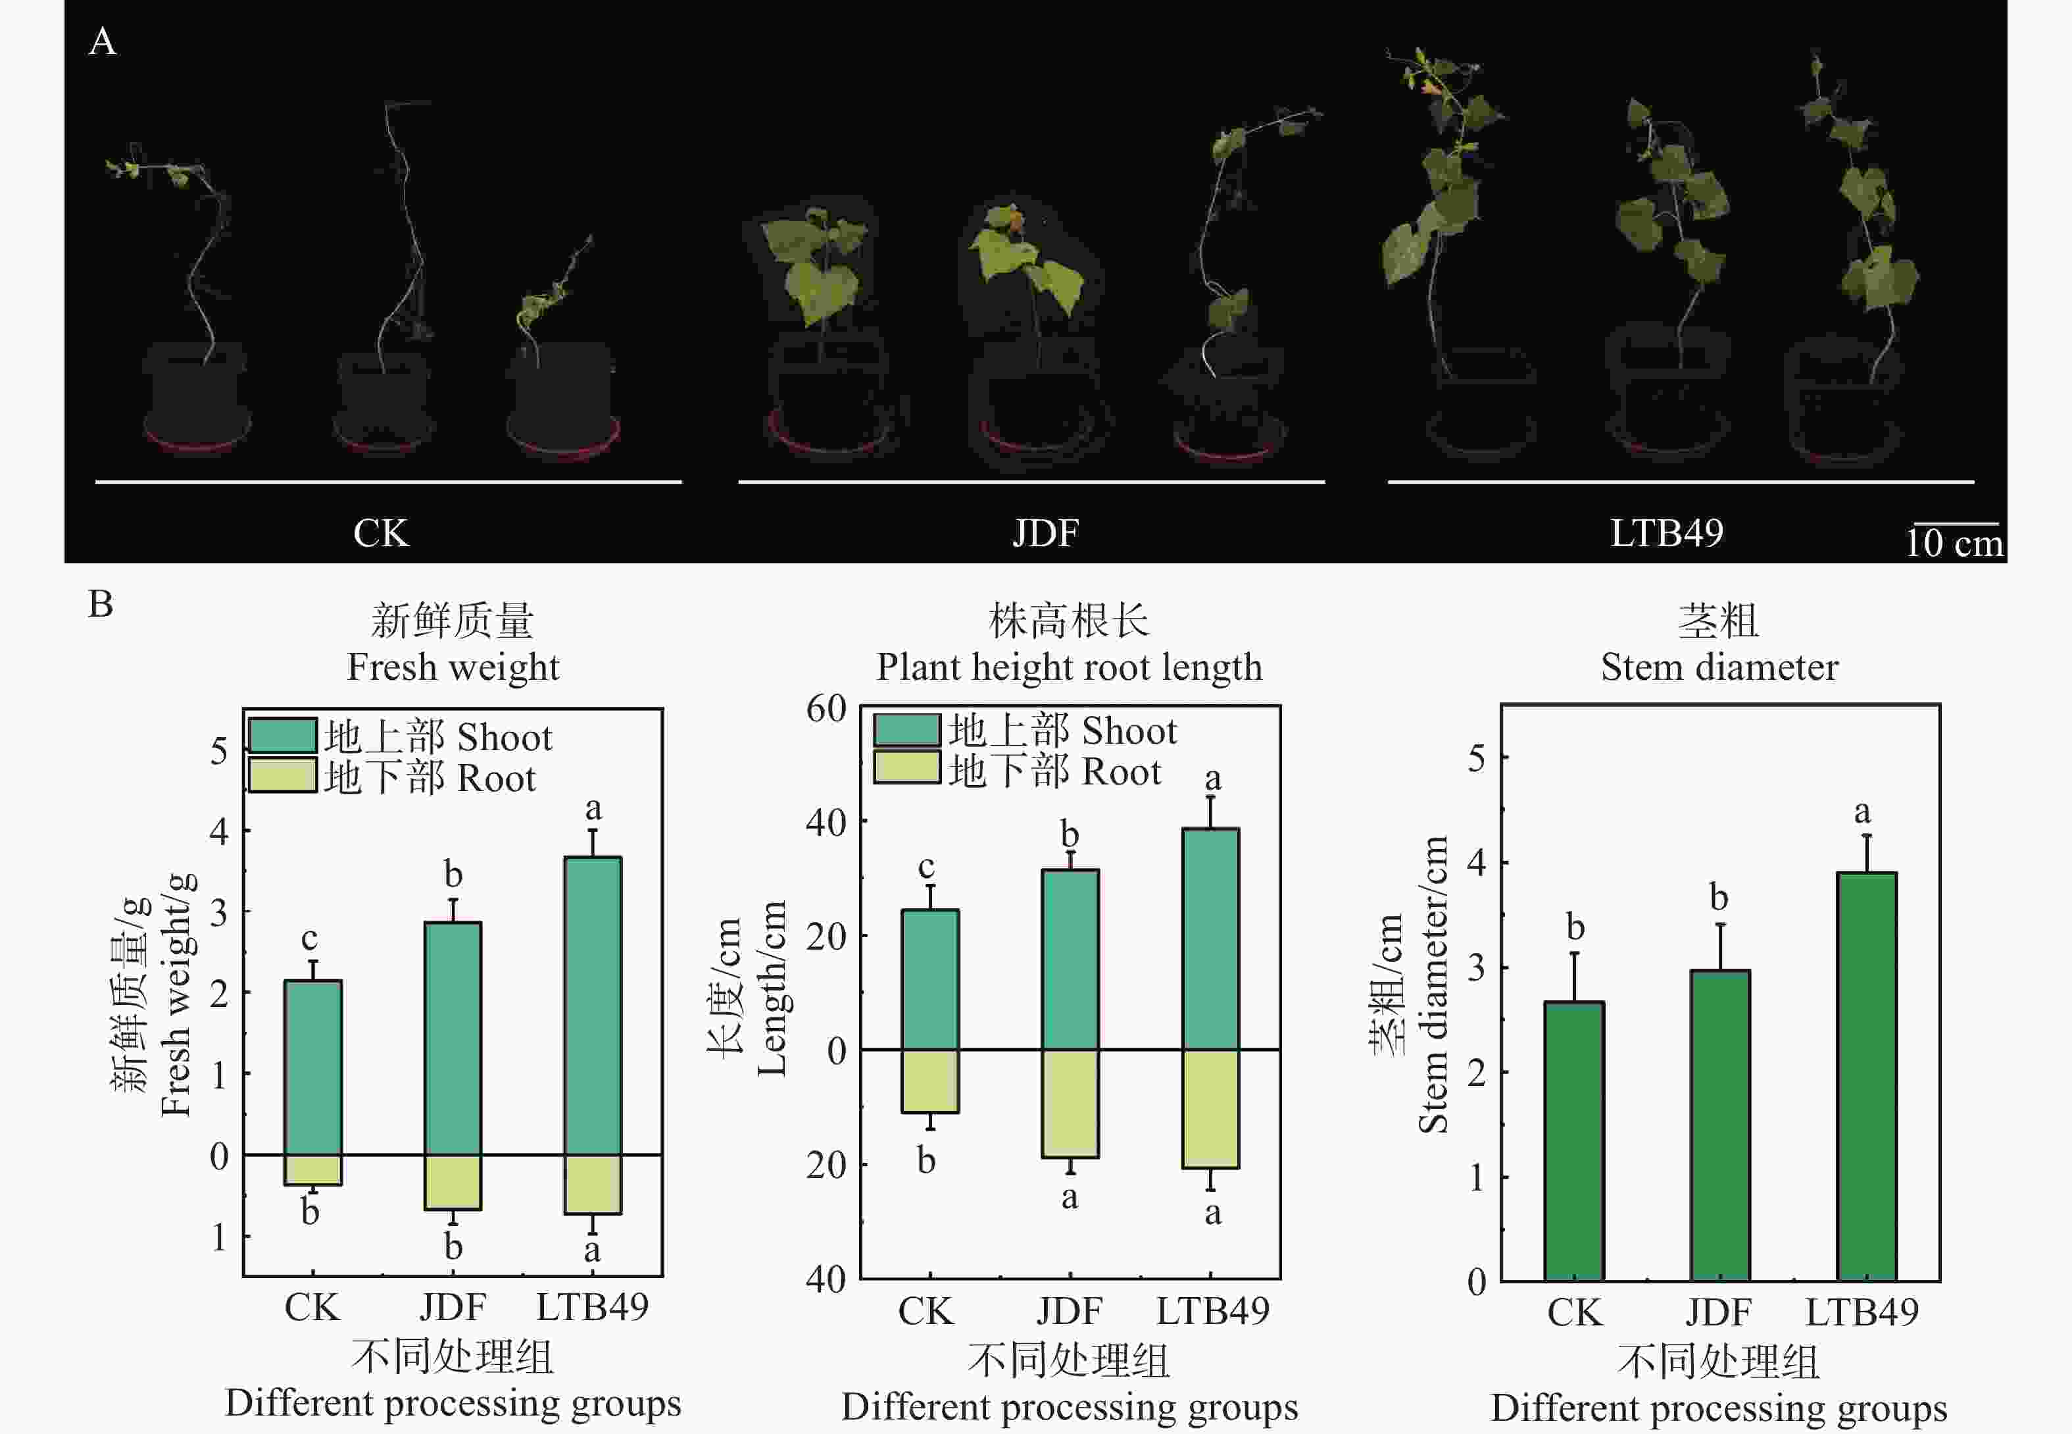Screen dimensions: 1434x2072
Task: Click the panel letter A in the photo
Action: point(103,41)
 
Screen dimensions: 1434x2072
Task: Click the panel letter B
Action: point(101,603)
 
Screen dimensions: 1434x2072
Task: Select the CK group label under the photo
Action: point(381,533)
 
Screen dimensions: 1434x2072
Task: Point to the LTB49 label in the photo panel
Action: point(1666,533)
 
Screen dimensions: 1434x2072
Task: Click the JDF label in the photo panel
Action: point(1045,533)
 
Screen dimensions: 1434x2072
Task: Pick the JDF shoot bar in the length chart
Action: point(1070,959)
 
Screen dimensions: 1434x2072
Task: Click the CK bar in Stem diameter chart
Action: point(1575,1140)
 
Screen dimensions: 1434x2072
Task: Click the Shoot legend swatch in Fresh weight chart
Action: point(282,735)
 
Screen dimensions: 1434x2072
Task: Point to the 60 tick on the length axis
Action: point(826,709)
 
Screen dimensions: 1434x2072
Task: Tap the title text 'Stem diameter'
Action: point(1719,667)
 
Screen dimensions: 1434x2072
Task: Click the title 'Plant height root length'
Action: point(1069,667)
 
